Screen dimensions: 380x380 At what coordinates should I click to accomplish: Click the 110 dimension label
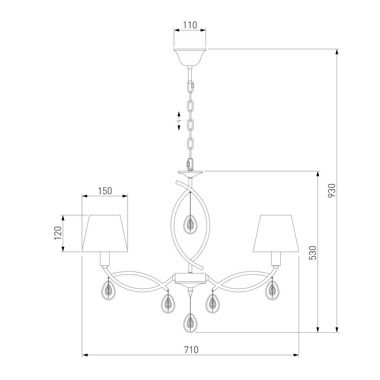190,25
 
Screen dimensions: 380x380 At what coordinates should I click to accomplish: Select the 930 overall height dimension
332,190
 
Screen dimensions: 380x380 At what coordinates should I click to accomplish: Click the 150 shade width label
105,191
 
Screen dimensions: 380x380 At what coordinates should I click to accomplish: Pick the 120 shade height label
58,233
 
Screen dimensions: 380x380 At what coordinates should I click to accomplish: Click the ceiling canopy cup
190,58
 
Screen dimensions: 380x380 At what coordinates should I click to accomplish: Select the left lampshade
105,233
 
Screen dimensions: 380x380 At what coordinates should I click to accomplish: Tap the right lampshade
276,233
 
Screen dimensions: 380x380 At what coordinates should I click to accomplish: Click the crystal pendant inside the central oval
190,225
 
